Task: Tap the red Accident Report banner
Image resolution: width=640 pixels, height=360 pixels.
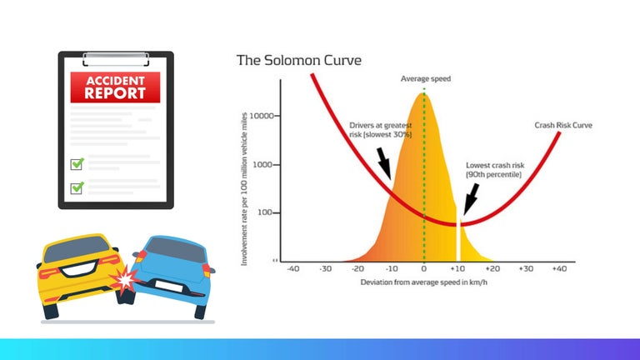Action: [116, 87]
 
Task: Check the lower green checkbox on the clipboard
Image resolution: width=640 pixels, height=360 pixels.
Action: [77, 187]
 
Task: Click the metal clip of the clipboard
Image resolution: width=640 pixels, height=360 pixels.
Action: [116, 58]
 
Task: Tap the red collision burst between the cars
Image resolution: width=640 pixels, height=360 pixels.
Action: [123, 279]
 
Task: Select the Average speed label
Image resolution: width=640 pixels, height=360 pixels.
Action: [425, 78]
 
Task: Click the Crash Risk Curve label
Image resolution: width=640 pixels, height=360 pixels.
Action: [562, 126]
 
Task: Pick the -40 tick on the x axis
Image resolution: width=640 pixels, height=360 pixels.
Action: [292, 269]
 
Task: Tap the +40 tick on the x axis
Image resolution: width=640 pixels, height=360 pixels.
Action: [558, 269]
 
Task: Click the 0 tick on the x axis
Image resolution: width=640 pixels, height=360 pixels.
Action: [424, 269]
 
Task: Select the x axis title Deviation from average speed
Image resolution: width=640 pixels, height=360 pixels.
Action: [423, 282]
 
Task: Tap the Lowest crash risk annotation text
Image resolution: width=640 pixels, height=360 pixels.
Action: [493, 170]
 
